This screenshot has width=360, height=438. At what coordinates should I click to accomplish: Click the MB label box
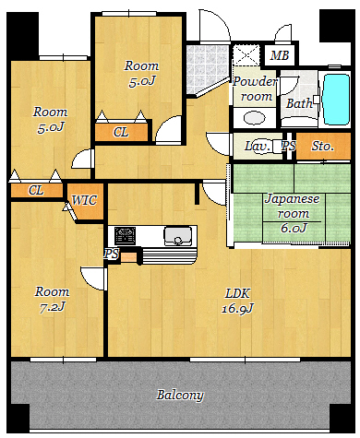coord(280,55)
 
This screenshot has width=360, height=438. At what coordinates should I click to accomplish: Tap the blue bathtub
coord(337,100)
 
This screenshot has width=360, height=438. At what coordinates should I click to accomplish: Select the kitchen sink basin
coord(178,236)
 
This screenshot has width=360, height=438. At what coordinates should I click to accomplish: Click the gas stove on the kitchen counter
coord(125,236)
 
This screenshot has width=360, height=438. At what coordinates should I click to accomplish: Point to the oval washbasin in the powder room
coord(254,118)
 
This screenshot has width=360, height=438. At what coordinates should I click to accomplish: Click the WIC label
coord(84,200)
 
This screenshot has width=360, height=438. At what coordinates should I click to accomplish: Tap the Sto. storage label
coord(322,146)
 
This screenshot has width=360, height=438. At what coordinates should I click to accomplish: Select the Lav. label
coord(258,146)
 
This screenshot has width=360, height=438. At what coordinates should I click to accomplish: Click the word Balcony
coord(180,395)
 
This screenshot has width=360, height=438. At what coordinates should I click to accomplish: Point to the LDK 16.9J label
coord(237,302)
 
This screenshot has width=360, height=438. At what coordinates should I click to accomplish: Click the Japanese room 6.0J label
coord(293,213)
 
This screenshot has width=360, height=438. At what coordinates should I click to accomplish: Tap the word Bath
coord(299,103)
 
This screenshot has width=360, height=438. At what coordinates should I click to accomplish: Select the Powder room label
coord(255,89)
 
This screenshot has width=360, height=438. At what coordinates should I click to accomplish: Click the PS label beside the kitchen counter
coord(111,254)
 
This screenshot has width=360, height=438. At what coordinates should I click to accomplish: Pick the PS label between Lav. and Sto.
coord(289,146)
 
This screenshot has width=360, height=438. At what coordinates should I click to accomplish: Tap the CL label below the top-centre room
coord(121,132)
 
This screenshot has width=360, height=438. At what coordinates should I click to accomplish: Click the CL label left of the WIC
coord(36,190)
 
